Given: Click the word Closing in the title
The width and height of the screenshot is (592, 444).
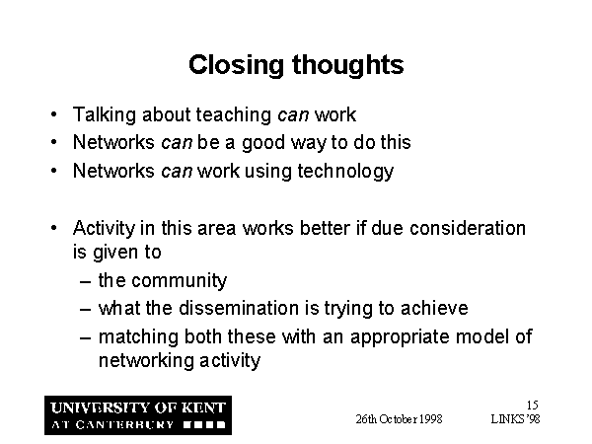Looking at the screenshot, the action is click(236, 66).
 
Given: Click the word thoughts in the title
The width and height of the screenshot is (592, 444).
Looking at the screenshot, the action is click(347, 65).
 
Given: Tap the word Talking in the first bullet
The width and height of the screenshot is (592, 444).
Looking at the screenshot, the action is click(105, 115).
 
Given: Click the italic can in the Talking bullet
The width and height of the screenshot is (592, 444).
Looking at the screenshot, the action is click(293, 115).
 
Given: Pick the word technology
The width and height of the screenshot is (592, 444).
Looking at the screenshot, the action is click(345, 172).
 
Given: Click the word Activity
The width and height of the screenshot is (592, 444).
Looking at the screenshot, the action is click(104, 229).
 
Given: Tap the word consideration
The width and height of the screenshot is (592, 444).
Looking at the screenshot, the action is click(468, 228).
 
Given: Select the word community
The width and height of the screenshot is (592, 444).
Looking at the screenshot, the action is click(180, 281).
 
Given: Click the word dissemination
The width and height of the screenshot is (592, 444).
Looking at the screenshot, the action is click(239, 308).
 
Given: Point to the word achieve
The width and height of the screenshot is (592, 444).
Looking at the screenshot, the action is click(434, 308).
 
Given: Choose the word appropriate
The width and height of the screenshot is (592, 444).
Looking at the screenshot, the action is click(400, 337).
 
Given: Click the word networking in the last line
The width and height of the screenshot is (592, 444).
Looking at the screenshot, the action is click(146, 361).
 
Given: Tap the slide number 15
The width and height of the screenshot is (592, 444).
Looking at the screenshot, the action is click(533, 406).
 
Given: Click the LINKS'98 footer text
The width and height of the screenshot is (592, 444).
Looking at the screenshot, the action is click(515, 419).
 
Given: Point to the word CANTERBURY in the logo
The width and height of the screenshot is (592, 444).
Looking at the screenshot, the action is click(124, 424).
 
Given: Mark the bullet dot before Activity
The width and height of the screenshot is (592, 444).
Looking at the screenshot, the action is click(54, 228).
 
